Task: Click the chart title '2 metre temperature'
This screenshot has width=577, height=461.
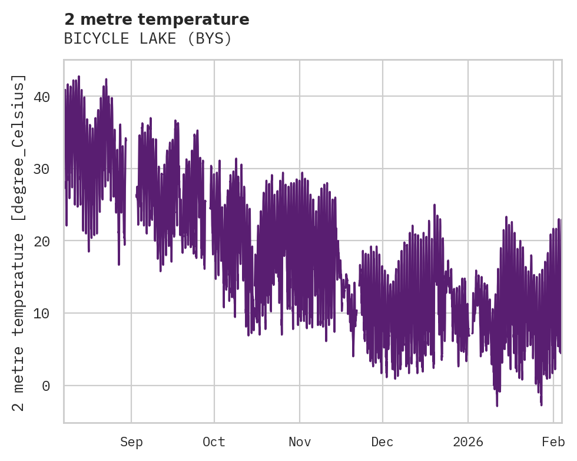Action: coord(157,19)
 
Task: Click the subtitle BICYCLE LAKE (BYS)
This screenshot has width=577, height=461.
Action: coord(148,39)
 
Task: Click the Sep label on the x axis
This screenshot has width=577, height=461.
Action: coord(131,442)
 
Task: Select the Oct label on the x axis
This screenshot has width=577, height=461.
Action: coord(214,442)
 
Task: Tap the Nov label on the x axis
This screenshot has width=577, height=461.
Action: coord(300,442)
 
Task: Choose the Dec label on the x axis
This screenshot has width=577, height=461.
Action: coord(383,442)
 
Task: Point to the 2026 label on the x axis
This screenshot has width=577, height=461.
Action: coord(468,442)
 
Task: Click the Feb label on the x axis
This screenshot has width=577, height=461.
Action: coord(553,442)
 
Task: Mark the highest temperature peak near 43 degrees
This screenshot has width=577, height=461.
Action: coord(78,77)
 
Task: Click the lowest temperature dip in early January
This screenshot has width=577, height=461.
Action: coord(497,405)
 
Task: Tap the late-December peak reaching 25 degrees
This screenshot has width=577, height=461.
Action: coord(435,205)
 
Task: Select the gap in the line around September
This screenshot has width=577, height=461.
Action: coord(131,177)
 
